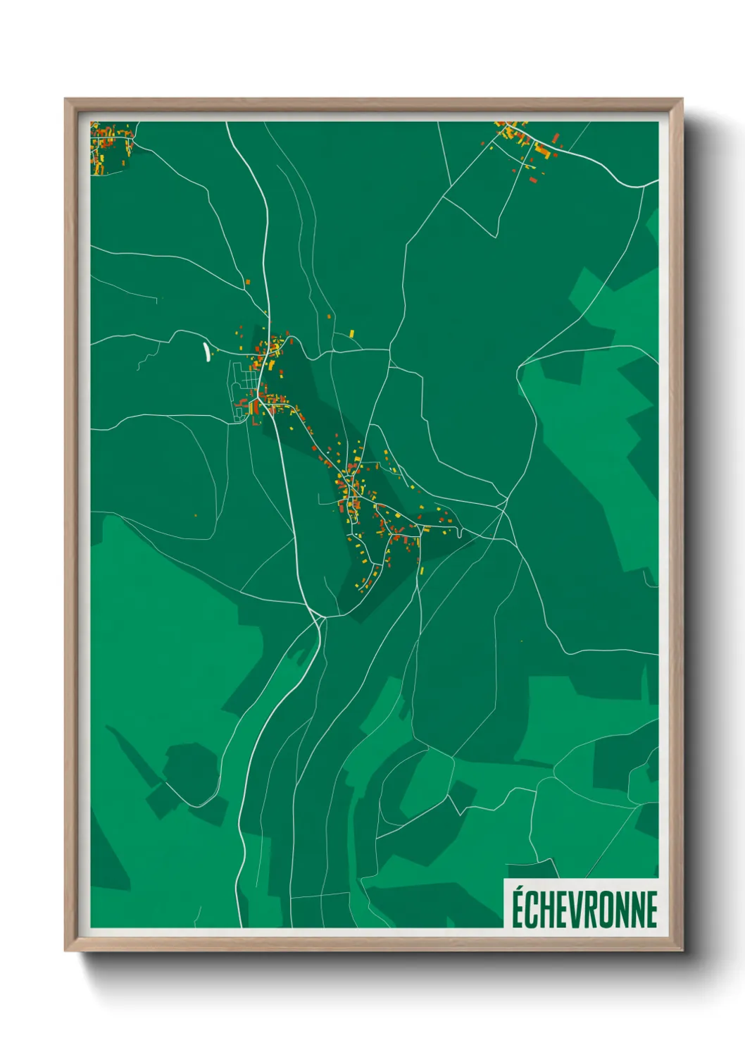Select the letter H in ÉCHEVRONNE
click(x=550, y=909)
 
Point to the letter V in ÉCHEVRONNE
click(x=581, y=909)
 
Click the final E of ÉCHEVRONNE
click(x=652, y=909)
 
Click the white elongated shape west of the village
click(x=206, y=352)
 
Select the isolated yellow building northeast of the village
click(x=352, y=333)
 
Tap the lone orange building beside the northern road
click(x=247, y=282)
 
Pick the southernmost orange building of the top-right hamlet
click(x=533, y=180)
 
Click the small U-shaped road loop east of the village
click(x=460, y=533)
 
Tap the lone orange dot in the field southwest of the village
click(x=196, y=515)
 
